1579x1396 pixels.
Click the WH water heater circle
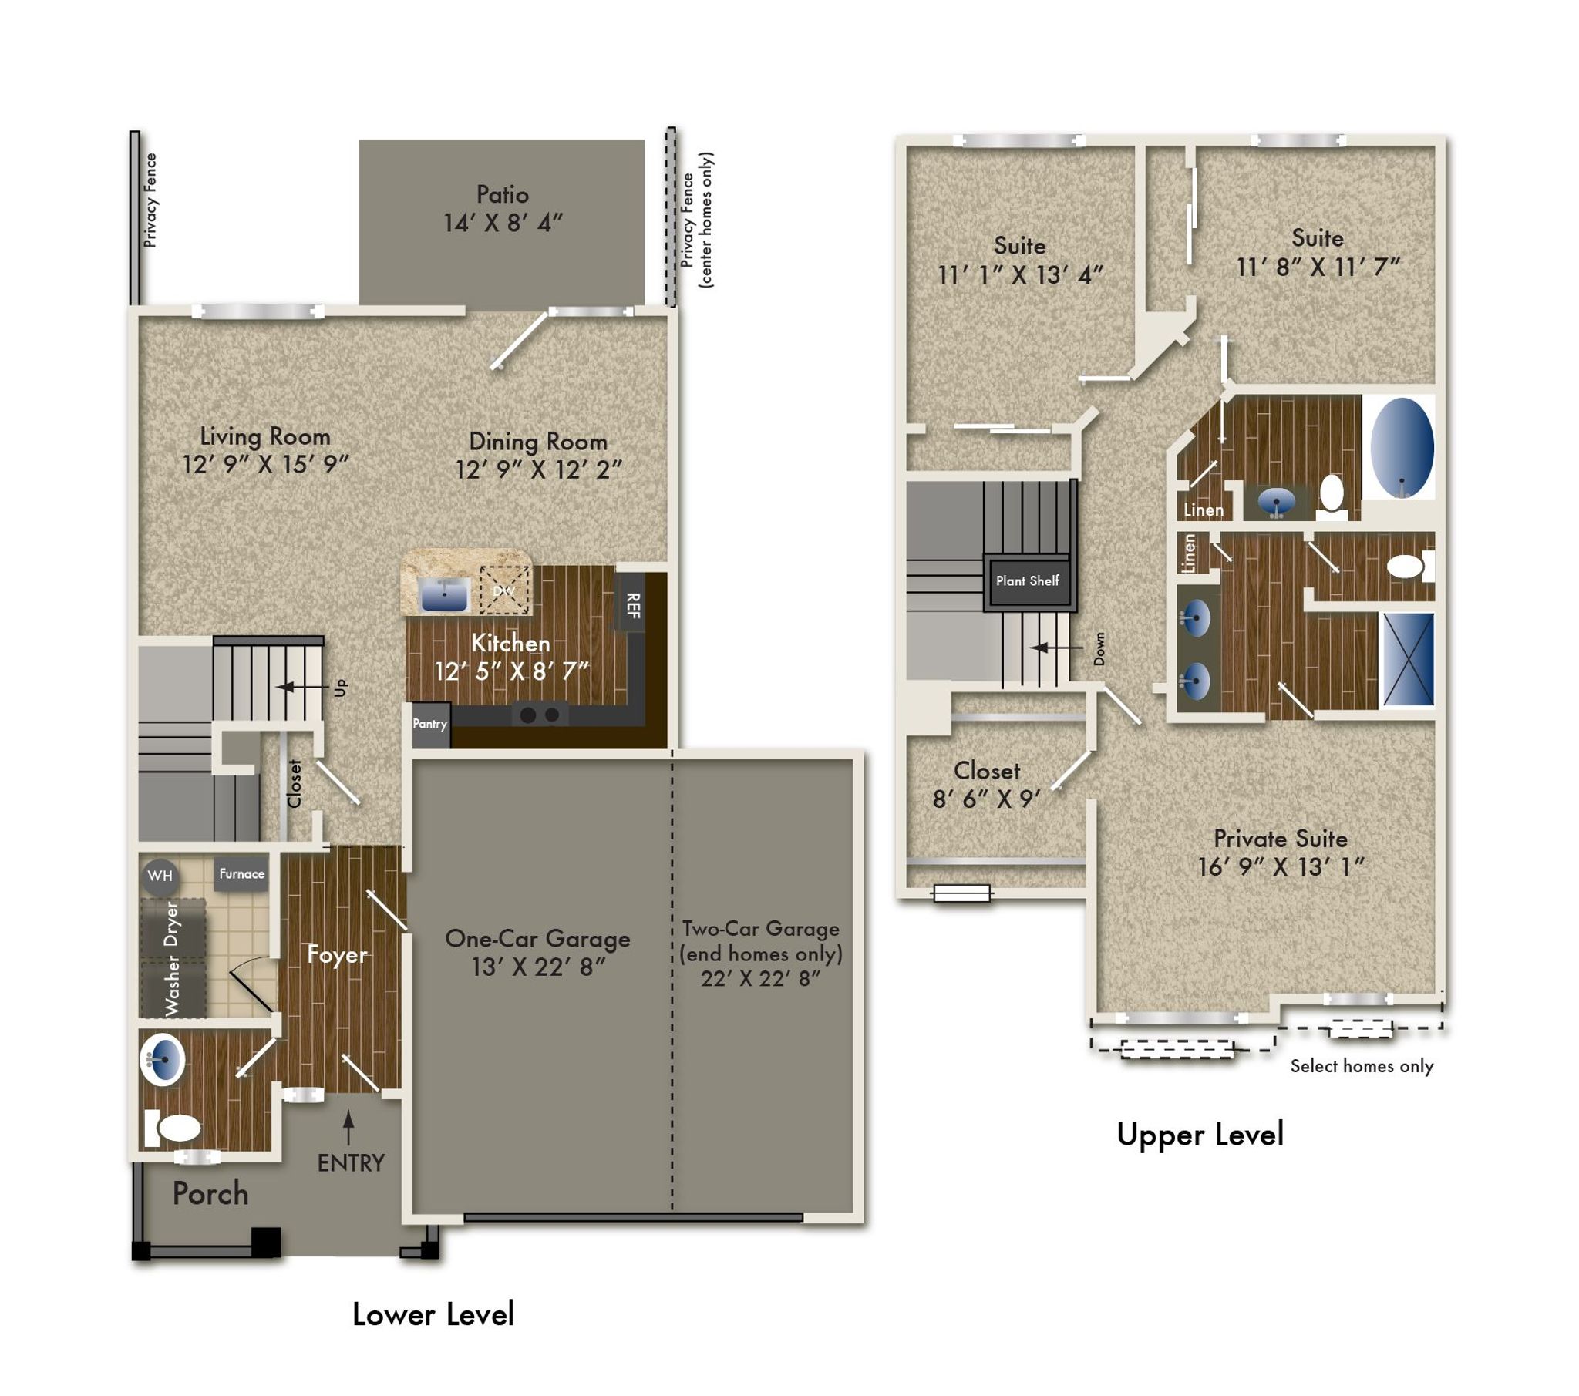pyautogui.click(x=160, y=876)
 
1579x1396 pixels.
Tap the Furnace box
pyautogui.click(x=241, y=874)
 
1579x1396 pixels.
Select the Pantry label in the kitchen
pyautogui.click(x=429, y=724)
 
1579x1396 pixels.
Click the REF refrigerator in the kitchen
pyautogui.click(x=633, y=605)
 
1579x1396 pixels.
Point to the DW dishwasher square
pyautogui.click(x=504, y=591)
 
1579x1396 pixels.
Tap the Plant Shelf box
pyautogui.click(x=1028, y=581)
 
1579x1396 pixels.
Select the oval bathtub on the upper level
pyautogui.click(x=1402, y=446)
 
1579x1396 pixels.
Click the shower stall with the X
pyautogui.click(x=1408, y=659)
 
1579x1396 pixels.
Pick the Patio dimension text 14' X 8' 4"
pyautogui.click(x=503, y=224)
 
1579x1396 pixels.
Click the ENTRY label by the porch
pyautogui.click(x=351, y=1163)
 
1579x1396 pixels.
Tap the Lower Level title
pyautogui.click(x=433, y=1314)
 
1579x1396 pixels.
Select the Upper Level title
pyautogui.click(x=1200, y=1135)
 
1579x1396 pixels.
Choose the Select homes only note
pyautogui.click(x=1362, y=1066)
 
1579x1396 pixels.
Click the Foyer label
pyautogui.click(x=337, y=955)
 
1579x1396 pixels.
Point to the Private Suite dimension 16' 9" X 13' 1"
pyautogui.click(x=1281, y=867)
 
